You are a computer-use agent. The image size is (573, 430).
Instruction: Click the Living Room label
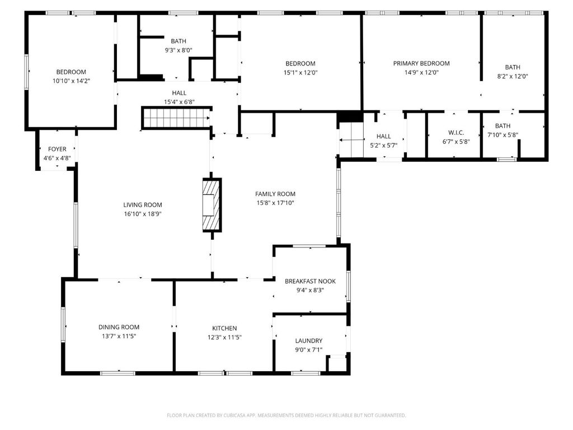point(143,205)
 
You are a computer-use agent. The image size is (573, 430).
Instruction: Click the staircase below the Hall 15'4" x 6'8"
point(175,119)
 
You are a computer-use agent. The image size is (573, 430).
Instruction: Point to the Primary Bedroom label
point(421,63)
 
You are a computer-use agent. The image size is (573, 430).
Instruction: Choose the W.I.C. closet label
point(456,133)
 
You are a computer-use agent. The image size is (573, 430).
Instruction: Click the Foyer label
point(57,149)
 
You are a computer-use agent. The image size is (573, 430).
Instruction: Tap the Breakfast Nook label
point(310,281)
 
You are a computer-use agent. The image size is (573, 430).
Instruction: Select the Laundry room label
point(308,340)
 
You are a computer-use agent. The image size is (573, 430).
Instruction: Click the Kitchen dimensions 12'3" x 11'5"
point(224,337)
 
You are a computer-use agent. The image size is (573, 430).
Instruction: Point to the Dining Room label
point(119,327)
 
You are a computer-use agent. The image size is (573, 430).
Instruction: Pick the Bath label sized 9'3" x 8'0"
point(179,41)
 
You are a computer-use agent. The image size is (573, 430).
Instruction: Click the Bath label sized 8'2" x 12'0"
point(513,67)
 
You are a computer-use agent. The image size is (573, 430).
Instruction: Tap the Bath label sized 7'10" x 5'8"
point(502,126)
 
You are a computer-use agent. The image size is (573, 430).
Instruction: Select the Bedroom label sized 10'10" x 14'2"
point(71,72)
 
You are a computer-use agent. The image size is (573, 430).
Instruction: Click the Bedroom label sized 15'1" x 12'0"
point(300,63)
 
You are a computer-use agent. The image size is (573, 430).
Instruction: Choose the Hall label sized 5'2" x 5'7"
point(384,136)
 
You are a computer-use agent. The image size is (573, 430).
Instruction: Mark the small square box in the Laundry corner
point(337,363)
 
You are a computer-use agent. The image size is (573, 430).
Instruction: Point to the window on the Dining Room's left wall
point(63,325)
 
